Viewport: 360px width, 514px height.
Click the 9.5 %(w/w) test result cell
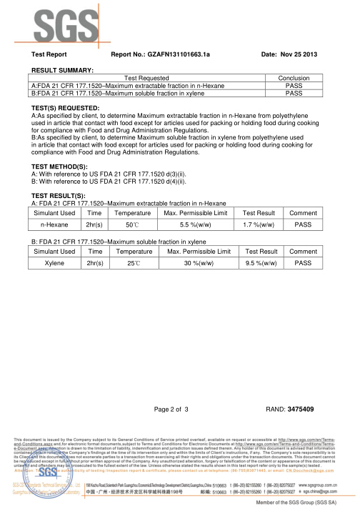click(261, 263)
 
